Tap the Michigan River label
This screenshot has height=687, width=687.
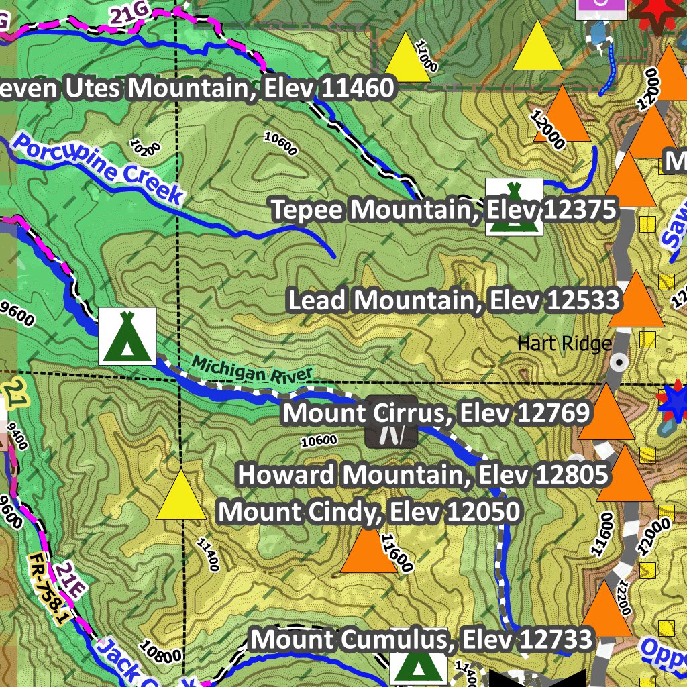(253, 371)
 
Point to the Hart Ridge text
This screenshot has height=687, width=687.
(564, 343)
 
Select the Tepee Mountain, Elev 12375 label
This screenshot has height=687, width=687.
(443, 210)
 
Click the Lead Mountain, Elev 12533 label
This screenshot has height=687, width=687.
(454, 300)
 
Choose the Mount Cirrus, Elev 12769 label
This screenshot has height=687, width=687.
(436, 413)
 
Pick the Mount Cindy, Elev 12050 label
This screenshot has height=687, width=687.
(369, 512)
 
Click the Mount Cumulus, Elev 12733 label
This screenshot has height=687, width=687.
(422, 639)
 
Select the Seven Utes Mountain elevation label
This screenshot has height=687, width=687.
(195, 88)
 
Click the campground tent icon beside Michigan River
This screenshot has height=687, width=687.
(127, 336)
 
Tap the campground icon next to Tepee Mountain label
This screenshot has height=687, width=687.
(514, 207)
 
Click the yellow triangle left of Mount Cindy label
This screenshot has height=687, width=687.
(181, 496)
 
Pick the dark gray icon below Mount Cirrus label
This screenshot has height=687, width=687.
(392, 435)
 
